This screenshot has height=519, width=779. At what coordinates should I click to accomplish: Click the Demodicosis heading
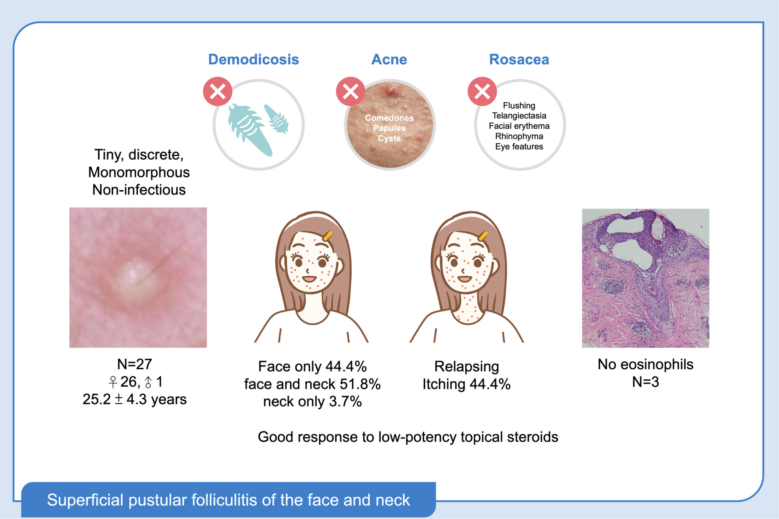tap(253, 60)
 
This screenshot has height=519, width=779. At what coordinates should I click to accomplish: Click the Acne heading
tap(389, 60)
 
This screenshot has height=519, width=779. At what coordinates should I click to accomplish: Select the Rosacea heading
tap(519, 60)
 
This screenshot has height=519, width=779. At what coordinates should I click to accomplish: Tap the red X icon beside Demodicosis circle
tap(218, 92)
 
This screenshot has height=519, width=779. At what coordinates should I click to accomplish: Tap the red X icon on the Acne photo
tap(351, 92)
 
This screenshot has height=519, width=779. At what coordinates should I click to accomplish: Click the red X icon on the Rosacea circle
tap(482, 92)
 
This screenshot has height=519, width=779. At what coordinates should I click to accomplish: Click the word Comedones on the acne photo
tap(389, 118)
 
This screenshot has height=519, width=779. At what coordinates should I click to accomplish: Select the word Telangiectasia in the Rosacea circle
tap(519, 116)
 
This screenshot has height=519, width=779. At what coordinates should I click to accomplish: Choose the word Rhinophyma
tap(519, 136)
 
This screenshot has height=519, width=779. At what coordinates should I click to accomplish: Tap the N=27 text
tap(134, 364)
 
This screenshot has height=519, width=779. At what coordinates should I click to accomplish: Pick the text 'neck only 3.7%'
tap(312, 402)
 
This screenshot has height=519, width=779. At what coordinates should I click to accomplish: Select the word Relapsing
tap(466, 366)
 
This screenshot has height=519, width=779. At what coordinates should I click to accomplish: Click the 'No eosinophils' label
tap(645, 364)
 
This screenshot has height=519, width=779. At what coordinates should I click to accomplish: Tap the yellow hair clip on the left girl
tap(327, 236)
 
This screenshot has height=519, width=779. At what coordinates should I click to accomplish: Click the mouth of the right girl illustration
tap(465, 278)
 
